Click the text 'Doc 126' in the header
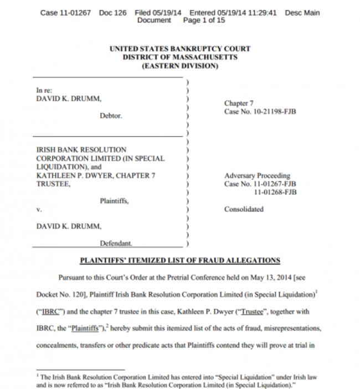tap(112, 13)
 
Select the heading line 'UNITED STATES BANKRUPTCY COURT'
tap(180, 49)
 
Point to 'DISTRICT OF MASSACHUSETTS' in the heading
tap(180, 57)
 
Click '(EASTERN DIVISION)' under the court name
tap(180, 66)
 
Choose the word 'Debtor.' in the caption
tap(111, 116)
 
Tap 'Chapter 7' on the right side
tap(239, 103)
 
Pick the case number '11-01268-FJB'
tap(275, 192)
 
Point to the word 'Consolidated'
tap(244, 209)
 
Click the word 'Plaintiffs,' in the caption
tap(114, 201)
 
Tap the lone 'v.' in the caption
tap(39, 210)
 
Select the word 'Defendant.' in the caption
tap(116, 243)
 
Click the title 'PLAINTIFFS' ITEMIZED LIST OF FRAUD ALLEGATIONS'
tap(180, 261)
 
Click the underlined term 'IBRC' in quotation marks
tap(50, 312)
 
